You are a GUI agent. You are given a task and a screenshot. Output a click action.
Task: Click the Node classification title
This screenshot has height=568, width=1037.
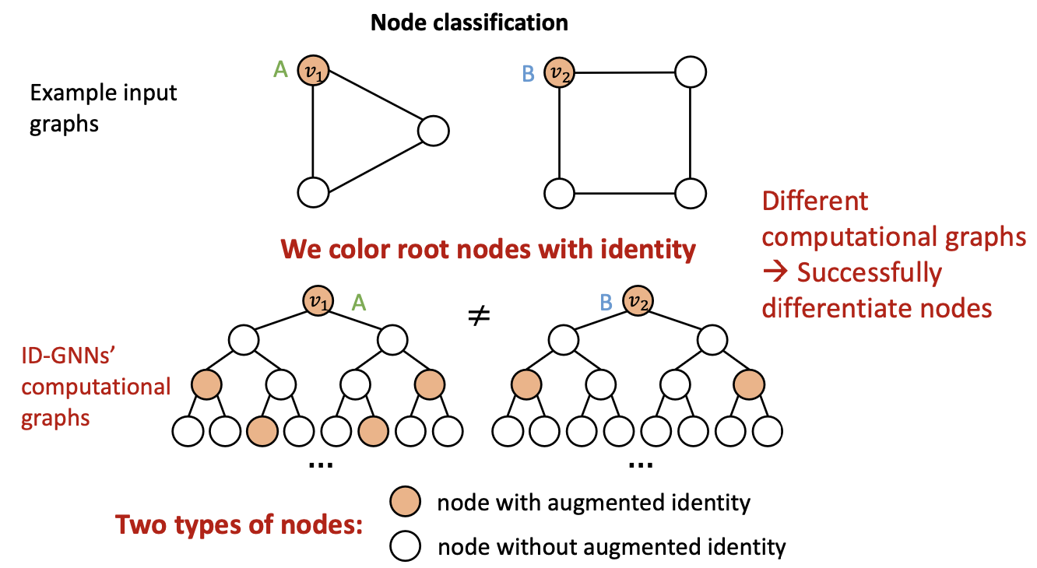469,23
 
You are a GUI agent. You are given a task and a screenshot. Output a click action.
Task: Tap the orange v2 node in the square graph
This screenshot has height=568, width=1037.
558,72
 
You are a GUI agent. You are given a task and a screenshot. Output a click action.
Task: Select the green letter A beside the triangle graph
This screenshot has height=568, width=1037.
280,70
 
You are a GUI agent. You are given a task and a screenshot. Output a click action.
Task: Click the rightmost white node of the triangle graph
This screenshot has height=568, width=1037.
433,131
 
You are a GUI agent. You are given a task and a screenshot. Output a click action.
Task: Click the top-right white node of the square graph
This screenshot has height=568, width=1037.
690,72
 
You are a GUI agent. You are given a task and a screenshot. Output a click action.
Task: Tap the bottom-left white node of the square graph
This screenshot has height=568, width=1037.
558,192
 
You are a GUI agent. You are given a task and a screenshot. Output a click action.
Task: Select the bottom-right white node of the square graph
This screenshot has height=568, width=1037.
690,192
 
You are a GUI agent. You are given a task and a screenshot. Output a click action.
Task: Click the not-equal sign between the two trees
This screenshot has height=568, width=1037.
476,316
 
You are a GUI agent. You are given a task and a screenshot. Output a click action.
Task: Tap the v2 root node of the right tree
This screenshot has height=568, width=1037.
637,300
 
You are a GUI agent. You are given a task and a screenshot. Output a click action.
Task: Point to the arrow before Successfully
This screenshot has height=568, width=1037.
774,273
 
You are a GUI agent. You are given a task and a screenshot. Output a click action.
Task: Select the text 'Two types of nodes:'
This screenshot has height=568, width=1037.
240,524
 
